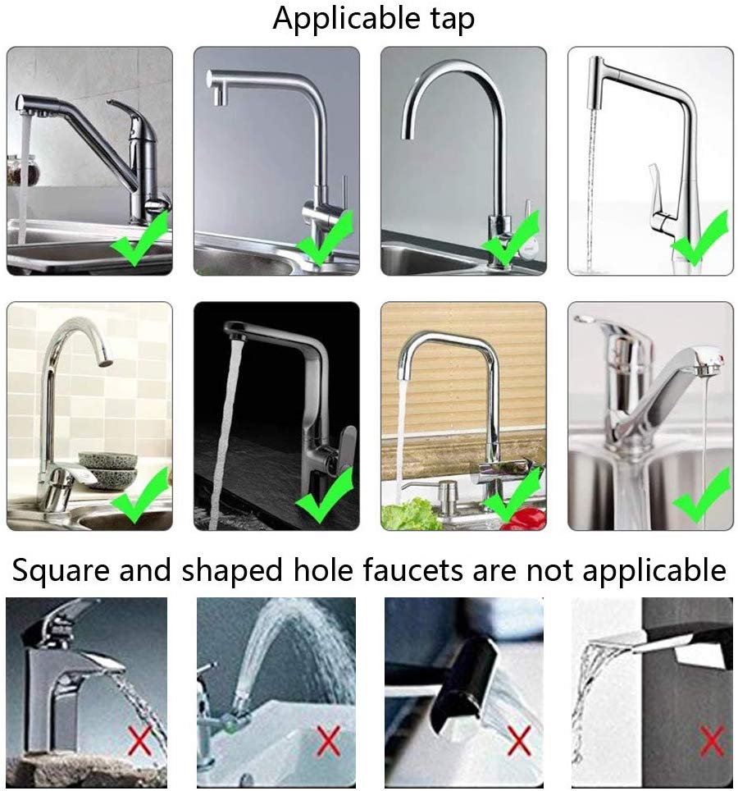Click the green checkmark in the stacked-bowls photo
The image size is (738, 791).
click(x=139, y=496)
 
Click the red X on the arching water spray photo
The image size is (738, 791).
click(x=329, y=741)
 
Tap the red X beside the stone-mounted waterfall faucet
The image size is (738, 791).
click(x=139, y=741)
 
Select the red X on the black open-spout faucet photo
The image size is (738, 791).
click(x=517, y=741)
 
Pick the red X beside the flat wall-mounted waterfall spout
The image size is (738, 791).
click(x=711, y=741)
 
